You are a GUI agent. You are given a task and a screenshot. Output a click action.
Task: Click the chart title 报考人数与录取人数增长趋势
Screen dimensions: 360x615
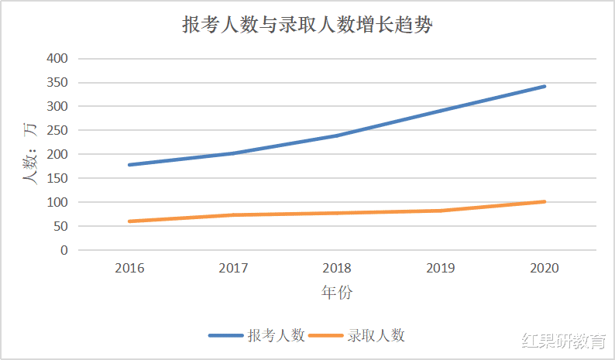[307, 25]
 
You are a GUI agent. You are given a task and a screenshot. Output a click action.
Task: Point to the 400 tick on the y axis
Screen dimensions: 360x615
[57, 58]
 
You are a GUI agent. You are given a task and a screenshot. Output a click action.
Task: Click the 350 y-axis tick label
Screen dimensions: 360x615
[57, 82]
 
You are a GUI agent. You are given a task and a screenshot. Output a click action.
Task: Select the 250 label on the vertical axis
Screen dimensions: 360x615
[57, 130]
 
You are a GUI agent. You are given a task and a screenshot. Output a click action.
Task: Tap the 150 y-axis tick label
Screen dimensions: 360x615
[57, 178]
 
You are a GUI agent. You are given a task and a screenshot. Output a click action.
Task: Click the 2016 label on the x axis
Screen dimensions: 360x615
[129, 268]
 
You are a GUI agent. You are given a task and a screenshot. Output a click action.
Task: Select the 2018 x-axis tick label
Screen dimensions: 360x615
[337, 268]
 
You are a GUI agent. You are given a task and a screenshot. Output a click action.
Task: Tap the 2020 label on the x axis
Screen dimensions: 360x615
[545, 268]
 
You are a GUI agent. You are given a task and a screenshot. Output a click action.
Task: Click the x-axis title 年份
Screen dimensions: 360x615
[337, 293]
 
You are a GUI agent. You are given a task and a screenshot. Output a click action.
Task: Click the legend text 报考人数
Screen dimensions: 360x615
[276, 335]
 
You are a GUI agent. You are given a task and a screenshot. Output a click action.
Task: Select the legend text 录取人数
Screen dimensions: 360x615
[376, 335]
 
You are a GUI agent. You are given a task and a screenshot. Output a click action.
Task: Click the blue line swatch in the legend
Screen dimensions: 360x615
[226, 335]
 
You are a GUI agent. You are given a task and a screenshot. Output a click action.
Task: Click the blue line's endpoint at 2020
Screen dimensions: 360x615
[545, 86]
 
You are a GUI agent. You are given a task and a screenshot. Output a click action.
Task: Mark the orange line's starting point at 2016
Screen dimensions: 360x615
[129, 221]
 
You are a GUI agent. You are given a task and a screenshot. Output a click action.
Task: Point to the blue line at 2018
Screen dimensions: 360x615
[337, 135]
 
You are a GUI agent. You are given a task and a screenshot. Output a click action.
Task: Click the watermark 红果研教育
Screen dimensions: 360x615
[565, 341]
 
